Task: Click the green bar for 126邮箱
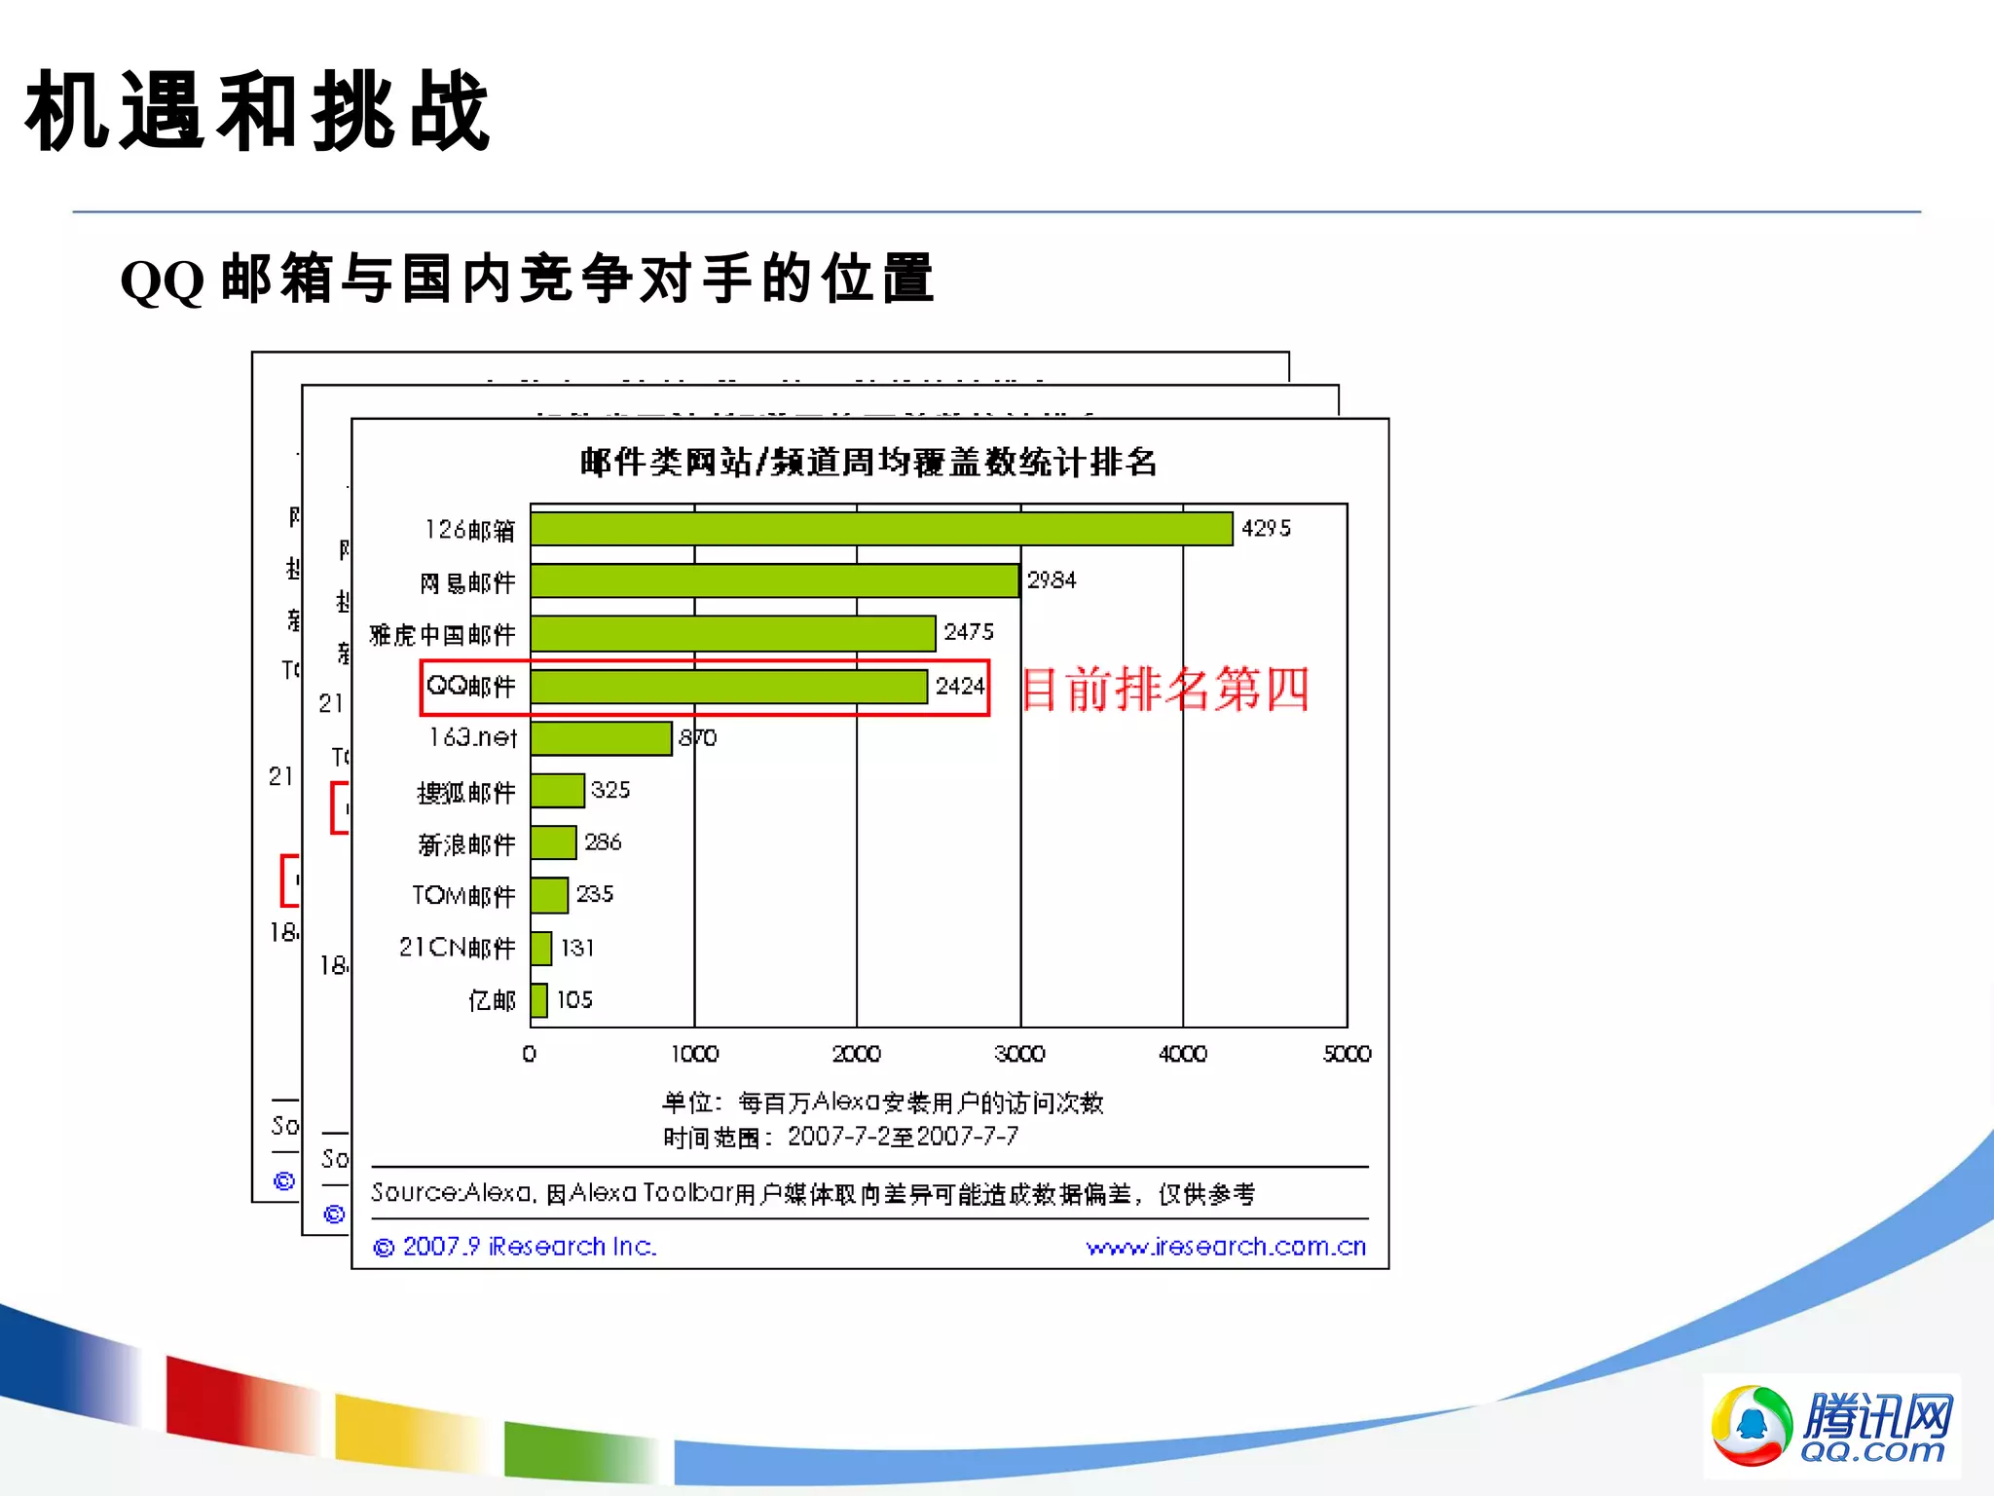point(881,529)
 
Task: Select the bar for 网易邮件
point(775,581)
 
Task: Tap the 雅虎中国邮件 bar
point(733,633)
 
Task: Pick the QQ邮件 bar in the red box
point(728,687)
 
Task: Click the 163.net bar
point(601,738)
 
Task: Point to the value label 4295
point(1266,529)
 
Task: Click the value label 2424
point(960,687)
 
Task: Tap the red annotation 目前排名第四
point(1164,690)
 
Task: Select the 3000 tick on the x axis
point(1019,1054)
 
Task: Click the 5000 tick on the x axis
point(1347,1054)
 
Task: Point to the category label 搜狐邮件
point(465,793)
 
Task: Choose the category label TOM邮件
point(463,896)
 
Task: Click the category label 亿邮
point(492,1000)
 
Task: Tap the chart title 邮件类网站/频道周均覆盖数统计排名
point(868,462)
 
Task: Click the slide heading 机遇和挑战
point(258,112)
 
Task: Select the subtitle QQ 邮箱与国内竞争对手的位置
point(527,280)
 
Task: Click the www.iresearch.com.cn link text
point(1226,1247)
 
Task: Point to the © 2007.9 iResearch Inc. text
point(516,1247)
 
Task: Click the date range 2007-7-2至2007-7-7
point(903,1137)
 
